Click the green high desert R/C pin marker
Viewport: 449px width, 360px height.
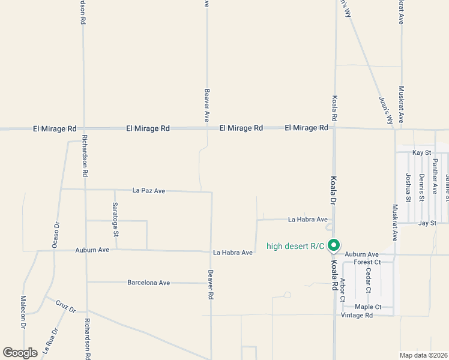point(336,245)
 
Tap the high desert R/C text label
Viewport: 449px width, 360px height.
point(295,245)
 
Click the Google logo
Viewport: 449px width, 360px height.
point(20,352)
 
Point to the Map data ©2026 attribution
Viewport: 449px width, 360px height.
point(424,355)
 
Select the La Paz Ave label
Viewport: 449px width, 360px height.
point(148,191)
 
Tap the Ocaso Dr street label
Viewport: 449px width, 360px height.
point(55,235)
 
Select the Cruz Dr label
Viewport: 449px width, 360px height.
point(65,307)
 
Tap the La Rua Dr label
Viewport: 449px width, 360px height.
point(50,339)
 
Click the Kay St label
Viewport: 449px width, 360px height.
point(421,153)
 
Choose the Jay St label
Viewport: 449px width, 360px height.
point(426,223)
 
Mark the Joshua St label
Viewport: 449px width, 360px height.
point(408,187)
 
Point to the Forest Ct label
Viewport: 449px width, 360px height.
point(367,262)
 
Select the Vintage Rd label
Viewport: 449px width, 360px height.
point(357,315)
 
